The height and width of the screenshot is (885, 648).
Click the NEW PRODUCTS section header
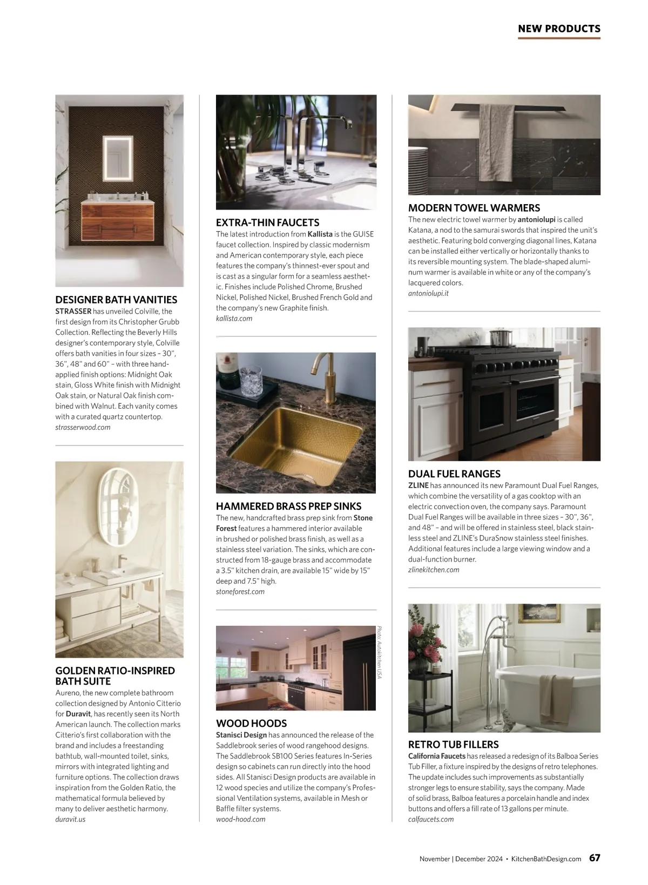point(559,29)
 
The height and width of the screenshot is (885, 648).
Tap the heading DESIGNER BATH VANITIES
point(116,300)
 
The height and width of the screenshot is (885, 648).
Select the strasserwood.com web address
point(83,427)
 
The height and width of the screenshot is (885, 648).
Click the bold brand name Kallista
point(320,234)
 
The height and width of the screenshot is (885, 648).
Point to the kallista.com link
point(234,319)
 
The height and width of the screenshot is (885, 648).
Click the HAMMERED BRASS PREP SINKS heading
point(288,506)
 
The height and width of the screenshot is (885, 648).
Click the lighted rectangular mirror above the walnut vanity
point(118,158)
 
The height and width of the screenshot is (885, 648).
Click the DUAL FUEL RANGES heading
point(454,474)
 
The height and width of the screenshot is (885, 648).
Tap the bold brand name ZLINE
point(418,485)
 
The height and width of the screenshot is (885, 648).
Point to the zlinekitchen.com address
point(434,570)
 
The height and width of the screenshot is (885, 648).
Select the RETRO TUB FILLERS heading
point(453,745)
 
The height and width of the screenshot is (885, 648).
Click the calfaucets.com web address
point(431,819)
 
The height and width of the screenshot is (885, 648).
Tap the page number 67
point(595,858)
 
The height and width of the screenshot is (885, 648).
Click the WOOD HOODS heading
point(251,724)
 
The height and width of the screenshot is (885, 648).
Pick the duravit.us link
point(70,819)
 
